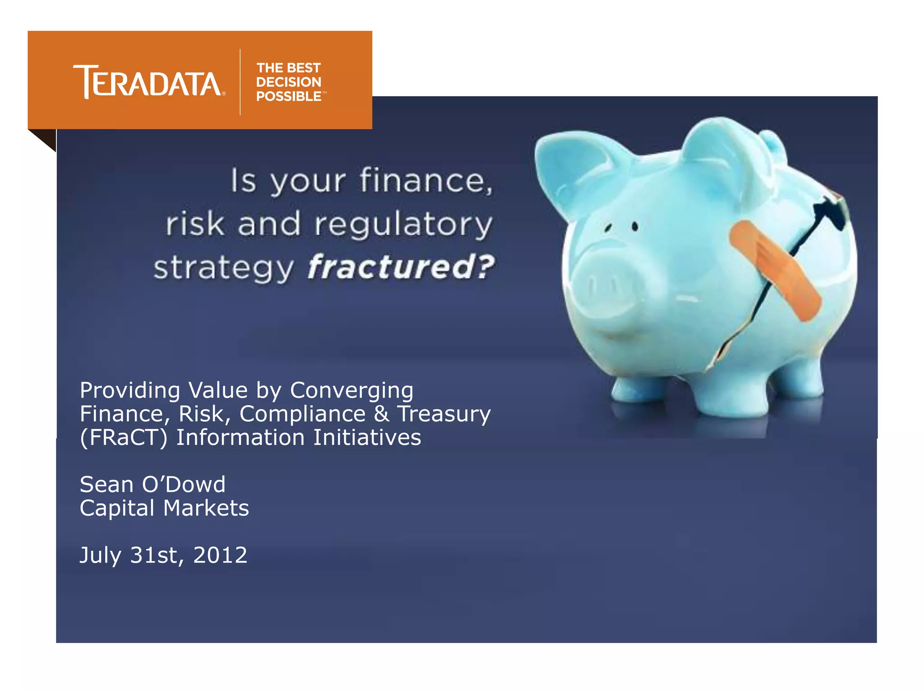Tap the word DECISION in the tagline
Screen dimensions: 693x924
click(289, 82)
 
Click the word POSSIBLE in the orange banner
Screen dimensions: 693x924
click(289, 97)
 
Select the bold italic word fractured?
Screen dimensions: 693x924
click(401, 267)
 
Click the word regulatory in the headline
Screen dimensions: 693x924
click(403, 224)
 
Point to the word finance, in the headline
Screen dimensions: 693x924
click(426, 180)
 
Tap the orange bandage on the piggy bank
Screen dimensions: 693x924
click(774, 270)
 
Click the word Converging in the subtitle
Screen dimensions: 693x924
click(351, 390)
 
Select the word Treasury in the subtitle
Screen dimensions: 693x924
click(444, 414)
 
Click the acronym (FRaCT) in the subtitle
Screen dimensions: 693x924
click(124, 438)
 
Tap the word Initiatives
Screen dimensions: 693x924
click(367, 438)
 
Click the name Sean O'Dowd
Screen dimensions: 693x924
click(152, 485)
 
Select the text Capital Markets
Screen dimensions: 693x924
click(164, 508)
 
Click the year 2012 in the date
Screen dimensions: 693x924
click(220, 555)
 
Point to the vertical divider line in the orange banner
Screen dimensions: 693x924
click(240, 82)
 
